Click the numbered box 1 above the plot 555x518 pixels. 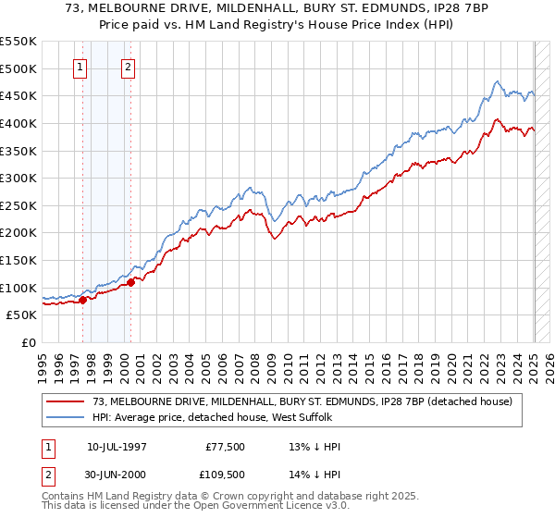click(x=80, y=67)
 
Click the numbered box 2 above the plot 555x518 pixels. click(x=128, y=67)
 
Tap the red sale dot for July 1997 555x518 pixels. click(x=82, y=299)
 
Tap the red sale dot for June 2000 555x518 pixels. click(x=130, y=282)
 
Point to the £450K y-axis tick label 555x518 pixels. click(x=19, y=95)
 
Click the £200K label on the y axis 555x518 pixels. click(x=19, y=232)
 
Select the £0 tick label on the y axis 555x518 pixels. click(x=30, y=342)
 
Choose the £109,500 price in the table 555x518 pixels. click(x=226, y=475)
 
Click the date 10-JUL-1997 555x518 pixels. click(x=116, y=447)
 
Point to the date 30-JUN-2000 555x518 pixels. click(x=116, y=475)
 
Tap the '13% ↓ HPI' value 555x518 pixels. click(x=315, y=447)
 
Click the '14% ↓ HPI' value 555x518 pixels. click(x=315, y=475)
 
